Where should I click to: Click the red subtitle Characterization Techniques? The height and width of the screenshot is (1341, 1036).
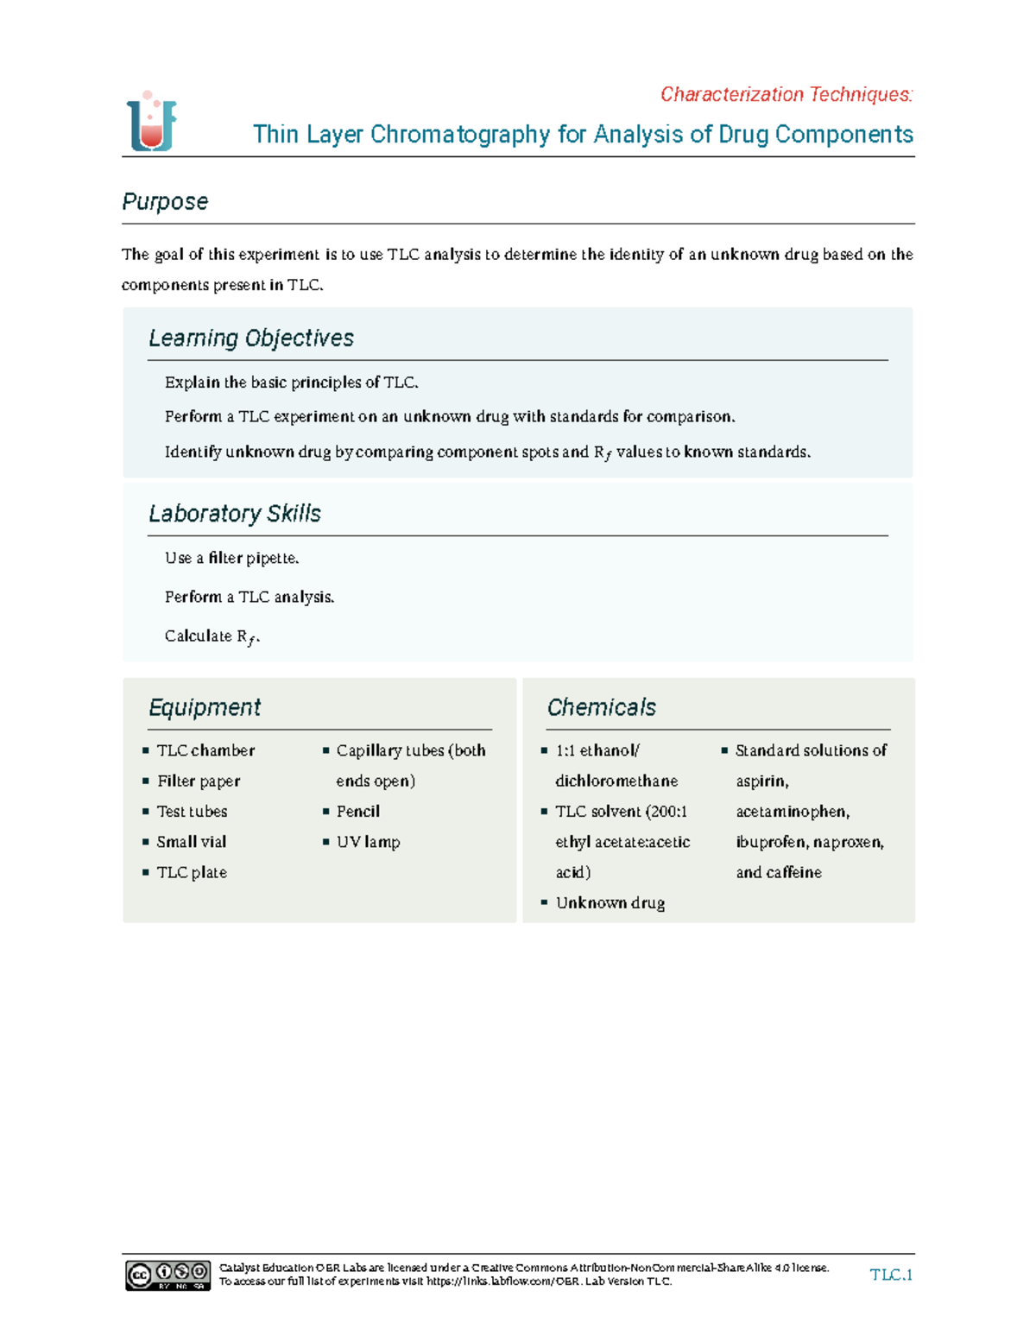coord(786,94)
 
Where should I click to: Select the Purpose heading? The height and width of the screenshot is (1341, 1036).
coord(165,202)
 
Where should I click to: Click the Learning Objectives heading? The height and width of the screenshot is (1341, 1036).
coord(251,338)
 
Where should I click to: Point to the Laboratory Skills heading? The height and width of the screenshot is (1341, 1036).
coord(235,514)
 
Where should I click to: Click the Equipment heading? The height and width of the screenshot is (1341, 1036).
coord(205,708)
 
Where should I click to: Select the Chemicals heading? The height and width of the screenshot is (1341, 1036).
coord(602,708)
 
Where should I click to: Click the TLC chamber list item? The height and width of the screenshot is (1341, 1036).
coord(205,750)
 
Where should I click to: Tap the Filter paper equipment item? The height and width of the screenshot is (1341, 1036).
coord(199,781)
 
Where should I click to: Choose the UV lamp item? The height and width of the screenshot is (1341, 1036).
coord(368,842)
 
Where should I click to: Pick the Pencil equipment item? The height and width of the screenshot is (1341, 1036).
coord(358,812)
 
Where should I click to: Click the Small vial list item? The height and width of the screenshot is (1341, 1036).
coord(192,842)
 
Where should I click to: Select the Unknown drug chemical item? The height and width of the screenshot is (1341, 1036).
coord(610,903)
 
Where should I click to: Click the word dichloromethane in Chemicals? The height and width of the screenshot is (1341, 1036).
coord(616,781)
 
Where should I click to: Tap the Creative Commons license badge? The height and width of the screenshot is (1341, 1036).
coord(168,1275)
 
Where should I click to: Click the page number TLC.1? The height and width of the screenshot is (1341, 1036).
coord(891,1275)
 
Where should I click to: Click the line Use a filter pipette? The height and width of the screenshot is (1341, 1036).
coord(231,559)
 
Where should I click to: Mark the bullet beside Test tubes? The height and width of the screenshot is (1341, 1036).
coord(146,812)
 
